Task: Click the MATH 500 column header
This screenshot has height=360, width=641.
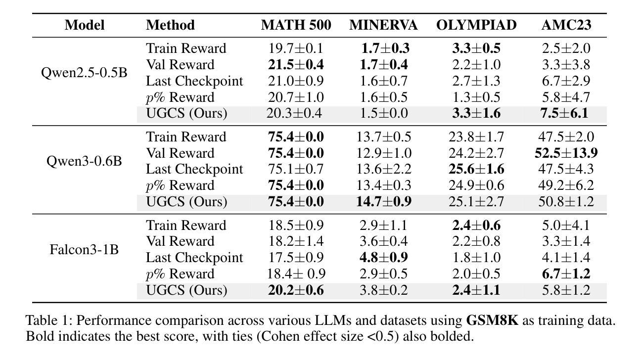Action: pos(296,25)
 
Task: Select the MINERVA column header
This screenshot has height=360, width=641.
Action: pos(383,25)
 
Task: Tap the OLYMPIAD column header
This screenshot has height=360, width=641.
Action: pos(476,25)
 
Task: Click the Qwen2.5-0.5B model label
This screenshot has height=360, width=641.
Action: pos(84,73)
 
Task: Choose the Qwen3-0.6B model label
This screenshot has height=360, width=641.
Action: pos(84,161)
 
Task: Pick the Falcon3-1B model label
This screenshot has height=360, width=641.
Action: pos(84,249)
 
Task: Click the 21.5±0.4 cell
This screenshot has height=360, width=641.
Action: pos(296,65)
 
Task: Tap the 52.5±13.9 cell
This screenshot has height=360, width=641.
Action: pos(566,153)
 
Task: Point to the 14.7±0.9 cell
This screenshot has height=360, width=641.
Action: pos(383,201)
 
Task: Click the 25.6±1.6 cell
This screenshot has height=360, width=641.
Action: pos(476,169)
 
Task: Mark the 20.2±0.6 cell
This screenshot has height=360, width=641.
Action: pos(296,290)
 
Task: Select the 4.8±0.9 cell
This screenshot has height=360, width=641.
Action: pos(383,258)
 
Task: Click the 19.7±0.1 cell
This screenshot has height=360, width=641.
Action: pos(296,48)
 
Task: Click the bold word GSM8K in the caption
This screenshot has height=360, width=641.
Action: pos(492,320)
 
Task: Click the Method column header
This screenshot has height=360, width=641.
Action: pos(170,25)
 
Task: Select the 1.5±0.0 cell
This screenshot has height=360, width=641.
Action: pos(383,113)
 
